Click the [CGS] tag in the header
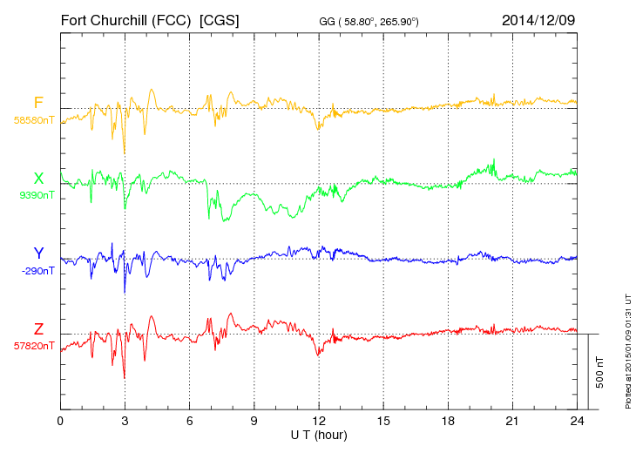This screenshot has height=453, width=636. point(220,19)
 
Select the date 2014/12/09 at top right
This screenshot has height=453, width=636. point(538,19)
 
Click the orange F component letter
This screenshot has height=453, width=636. point(38,103)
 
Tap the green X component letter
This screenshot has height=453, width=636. point(38,179)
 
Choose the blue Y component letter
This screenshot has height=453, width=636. point(38,254)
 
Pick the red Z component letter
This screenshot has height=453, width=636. point(38,329)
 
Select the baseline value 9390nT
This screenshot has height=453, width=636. point(37,195)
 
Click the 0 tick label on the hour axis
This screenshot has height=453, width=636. point(60,421)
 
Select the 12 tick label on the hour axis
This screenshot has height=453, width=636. point(319,421)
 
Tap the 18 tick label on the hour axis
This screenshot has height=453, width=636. point(448,421)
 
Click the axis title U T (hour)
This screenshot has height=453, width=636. point(319,434)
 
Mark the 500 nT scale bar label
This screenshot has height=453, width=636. point(600,372)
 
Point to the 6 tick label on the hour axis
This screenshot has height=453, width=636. point(190,421)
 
